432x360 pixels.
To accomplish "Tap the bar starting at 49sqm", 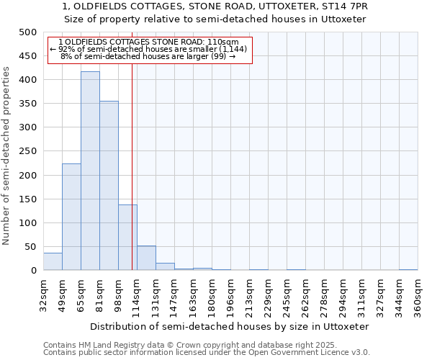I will [71, 217].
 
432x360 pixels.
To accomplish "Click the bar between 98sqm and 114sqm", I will [127, 238].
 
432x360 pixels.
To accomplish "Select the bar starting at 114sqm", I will [146, 258].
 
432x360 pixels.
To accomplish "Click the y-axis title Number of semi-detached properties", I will [6, 156].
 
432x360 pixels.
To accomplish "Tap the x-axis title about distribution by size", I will [230, 326].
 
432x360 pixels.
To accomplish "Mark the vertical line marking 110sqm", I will [132, 166].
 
